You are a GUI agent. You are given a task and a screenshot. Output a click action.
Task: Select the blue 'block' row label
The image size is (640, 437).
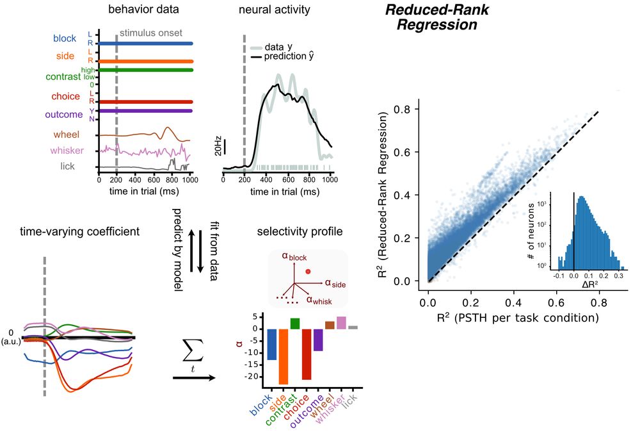pos(65,38)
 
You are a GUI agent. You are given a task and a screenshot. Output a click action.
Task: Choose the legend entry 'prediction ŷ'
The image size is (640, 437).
pos(294,56)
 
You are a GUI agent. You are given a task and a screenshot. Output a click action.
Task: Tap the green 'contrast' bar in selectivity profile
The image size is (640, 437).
pos(294,324)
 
